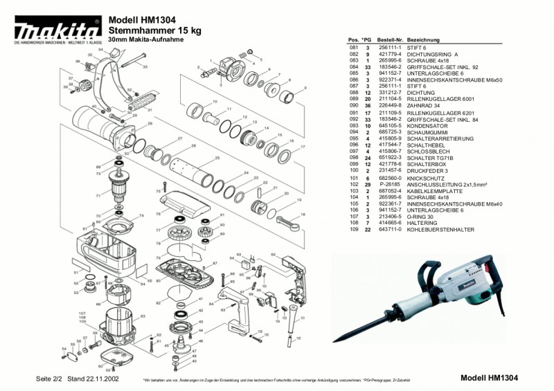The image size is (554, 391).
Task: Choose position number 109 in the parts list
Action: pos(353,229)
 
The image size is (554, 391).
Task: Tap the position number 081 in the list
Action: pos(353,48)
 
